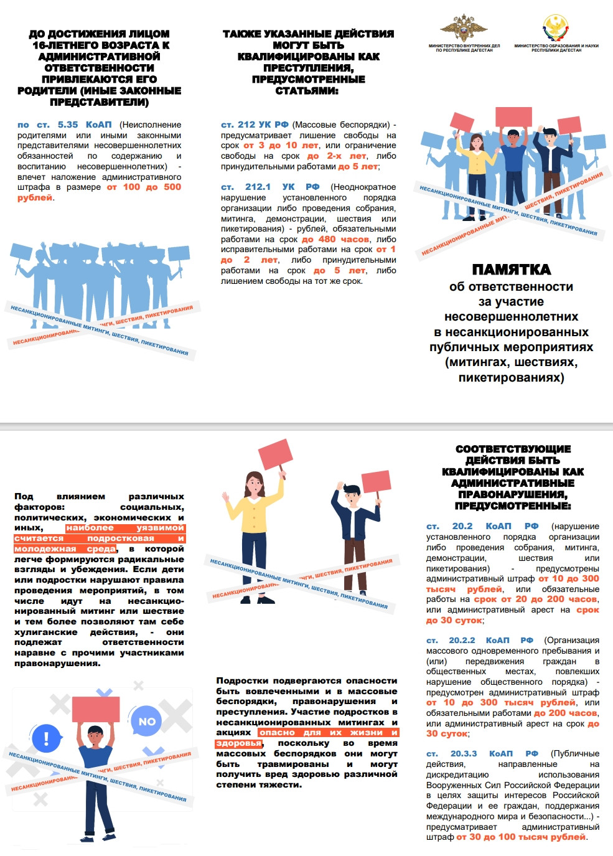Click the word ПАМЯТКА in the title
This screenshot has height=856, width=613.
click(x=511, y=270)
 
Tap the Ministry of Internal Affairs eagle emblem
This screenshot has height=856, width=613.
click(x=464, y=28)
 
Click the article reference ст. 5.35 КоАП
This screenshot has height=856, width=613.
click(x=65, y=125)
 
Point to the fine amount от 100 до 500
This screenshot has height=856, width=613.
click(x=144, y=187)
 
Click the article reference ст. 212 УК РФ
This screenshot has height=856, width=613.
click(x=255, y=125)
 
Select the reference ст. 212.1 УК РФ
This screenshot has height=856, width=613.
click(x=270, y=187)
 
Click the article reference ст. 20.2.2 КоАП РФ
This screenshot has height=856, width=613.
click(x=480, y=641)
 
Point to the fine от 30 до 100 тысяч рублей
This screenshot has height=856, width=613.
click(x=521, y=837)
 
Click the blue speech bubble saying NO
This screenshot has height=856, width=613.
click(x=147, y=722)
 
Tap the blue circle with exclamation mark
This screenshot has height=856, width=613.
click(x=46, y=739)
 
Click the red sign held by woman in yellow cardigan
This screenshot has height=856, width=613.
click(x=275, y=454)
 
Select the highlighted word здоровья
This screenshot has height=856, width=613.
click(x=238, y=743)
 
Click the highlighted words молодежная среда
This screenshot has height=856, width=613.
click(x=65, y=549)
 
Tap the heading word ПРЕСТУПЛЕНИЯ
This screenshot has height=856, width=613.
click(x=308, y=68)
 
